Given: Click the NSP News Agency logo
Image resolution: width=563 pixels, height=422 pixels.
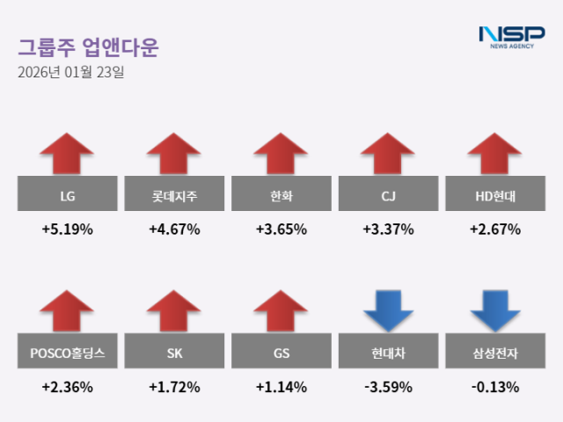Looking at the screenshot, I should (511, 37).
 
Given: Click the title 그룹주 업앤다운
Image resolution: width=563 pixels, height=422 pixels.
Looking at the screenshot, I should (88, 47).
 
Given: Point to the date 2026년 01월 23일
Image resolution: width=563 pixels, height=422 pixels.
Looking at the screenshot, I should (70, 72).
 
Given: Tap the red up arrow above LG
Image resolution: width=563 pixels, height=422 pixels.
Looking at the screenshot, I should (67, 153).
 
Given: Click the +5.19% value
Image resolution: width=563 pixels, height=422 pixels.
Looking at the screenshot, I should (67, 229).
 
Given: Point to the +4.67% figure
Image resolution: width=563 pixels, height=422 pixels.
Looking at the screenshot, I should (174, 229).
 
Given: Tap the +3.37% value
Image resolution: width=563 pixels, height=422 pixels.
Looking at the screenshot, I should (388, 229).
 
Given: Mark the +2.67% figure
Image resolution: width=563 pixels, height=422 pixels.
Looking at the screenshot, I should (495, 229).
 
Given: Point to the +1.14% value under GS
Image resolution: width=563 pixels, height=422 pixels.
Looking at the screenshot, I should (281, 386).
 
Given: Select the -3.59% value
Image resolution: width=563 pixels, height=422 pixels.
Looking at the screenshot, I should (388, 386).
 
